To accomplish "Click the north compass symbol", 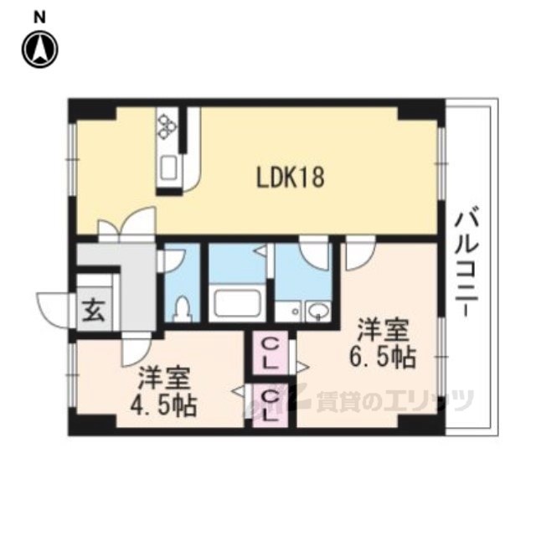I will pyautogui.click(x=39, y=49).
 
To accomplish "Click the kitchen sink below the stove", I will pyautogui.click(x=168, y=167).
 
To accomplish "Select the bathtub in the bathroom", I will pyautogui.click(x=238, y=303).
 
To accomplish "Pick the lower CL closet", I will pyautogui.click(x=269, y=404).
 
